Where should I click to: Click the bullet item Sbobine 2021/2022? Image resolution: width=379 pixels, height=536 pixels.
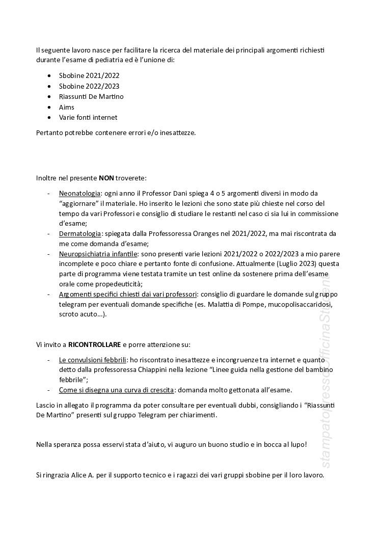point(89,75)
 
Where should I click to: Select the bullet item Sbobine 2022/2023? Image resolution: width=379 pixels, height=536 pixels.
point(89,86)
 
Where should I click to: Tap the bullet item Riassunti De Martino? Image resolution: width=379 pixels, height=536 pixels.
point(91,96)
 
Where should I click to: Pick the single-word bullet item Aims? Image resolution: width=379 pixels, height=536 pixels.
point(67,107)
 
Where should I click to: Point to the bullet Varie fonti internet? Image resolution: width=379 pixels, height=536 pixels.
point(88,117)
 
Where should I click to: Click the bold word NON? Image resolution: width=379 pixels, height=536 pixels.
point(106,178)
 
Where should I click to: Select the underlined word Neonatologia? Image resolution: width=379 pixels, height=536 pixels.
point(79,194)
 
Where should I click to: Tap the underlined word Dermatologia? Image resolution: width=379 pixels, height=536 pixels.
point(80,233)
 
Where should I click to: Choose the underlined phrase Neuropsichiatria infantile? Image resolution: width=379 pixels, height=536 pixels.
point(98,254)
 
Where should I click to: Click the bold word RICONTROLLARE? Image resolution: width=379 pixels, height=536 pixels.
point(94,344)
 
